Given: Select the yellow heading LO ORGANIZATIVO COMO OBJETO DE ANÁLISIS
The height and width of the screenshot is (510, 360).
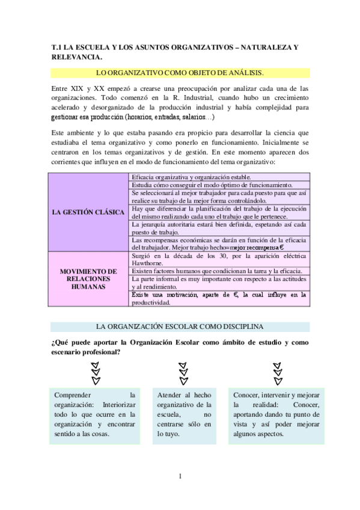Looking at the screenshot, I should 180,73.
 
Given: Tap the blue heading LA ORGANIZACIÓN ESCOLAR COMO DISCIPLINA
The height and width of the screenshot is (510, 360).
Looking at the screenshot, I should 180,327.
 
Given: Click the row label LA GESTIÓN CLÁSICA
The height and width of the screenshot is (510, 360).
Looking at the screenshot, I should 88,212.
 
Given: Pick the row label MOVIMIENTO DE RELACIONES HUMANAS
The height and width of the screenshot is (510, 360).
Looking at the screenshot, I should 88,279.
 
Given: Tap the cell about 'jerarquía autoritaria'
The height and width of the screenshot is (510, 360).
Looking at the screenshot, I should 219,228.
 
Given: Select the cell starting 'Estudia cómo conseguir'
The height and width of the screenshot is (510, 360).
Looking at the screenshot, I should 219,185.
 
